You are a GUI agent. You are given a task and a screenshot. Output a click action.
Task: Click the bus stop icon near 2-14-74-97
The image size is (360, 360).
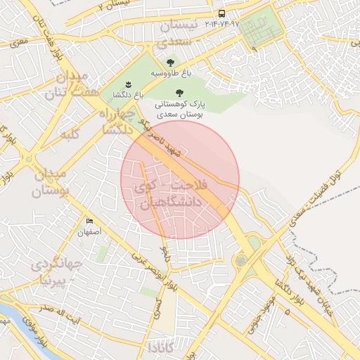coord(223,13)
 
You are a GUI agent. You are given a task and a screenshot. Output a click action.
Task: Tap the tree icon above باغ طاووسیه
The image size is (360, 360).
coord(170,63)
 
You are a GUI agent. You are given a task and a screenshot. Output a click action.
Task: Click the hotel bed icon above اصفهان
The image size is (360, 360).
coord(89,222)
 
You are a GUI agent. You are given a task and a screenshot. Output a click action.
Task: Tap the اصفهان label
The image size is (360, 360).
coord(89,231)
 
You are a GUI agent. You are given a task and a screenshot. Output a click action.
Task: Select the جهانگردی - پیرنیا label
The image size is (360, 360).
coord(56,274)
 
